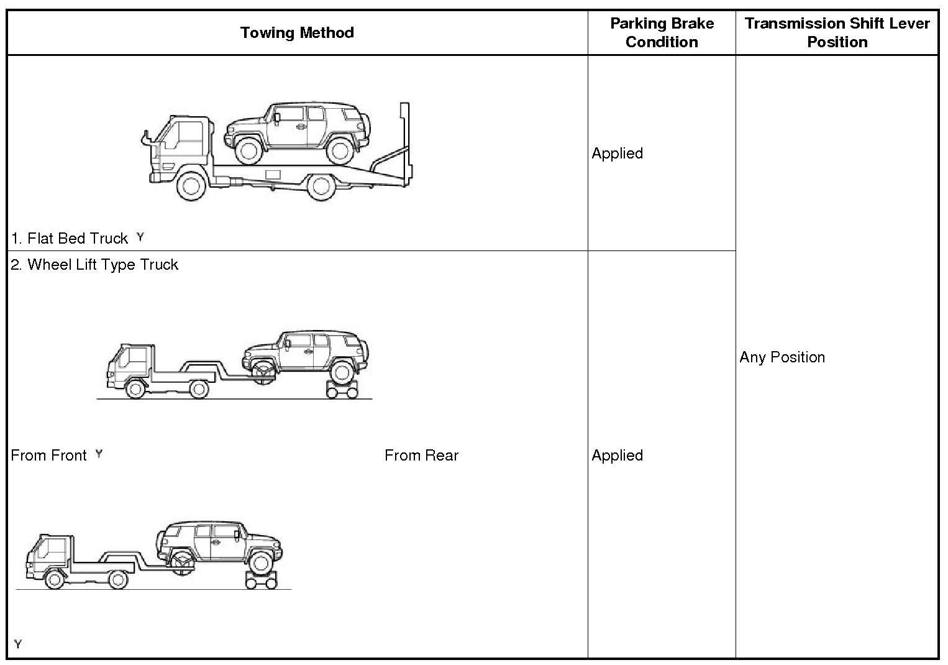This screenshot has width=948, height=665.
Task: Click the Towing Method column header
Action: [x=297, y=33]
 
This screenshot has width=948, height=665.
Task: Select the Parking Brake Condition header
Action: [x=662, y=33]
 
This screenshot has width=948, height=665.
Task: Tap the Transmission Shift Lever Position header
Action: [x=837, y=33]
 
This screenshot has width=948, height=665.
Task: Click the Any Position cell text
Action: [x=782, y=357]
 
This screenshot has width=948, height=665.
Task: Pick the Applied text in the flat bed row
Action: [x=617, y=154]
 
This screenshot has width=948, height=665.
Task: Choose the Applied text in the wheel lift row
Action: [x=617, y=456]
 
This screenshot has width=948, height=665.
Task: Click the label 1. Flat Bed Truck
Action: [x=70, y=239]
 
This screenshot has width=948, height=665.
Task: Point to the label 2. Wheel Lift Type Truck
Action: [x=94, y=265]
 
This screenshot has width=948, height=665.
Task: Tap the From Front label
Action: [x=48, y=456]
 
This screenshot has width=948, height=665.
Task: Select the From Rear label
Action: [x=421, y=456]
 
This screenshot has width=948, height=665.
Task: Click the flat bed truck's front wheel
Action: [x=191, y=185]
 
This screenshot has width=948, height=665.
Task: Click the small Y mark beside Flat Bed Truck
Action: [x=140, y=237]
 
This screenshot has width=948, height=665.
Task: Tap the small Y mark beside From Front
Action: [x=99, y=454]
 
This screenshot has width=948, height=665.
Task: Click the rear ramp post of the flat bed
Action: [x=404, y=143]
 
